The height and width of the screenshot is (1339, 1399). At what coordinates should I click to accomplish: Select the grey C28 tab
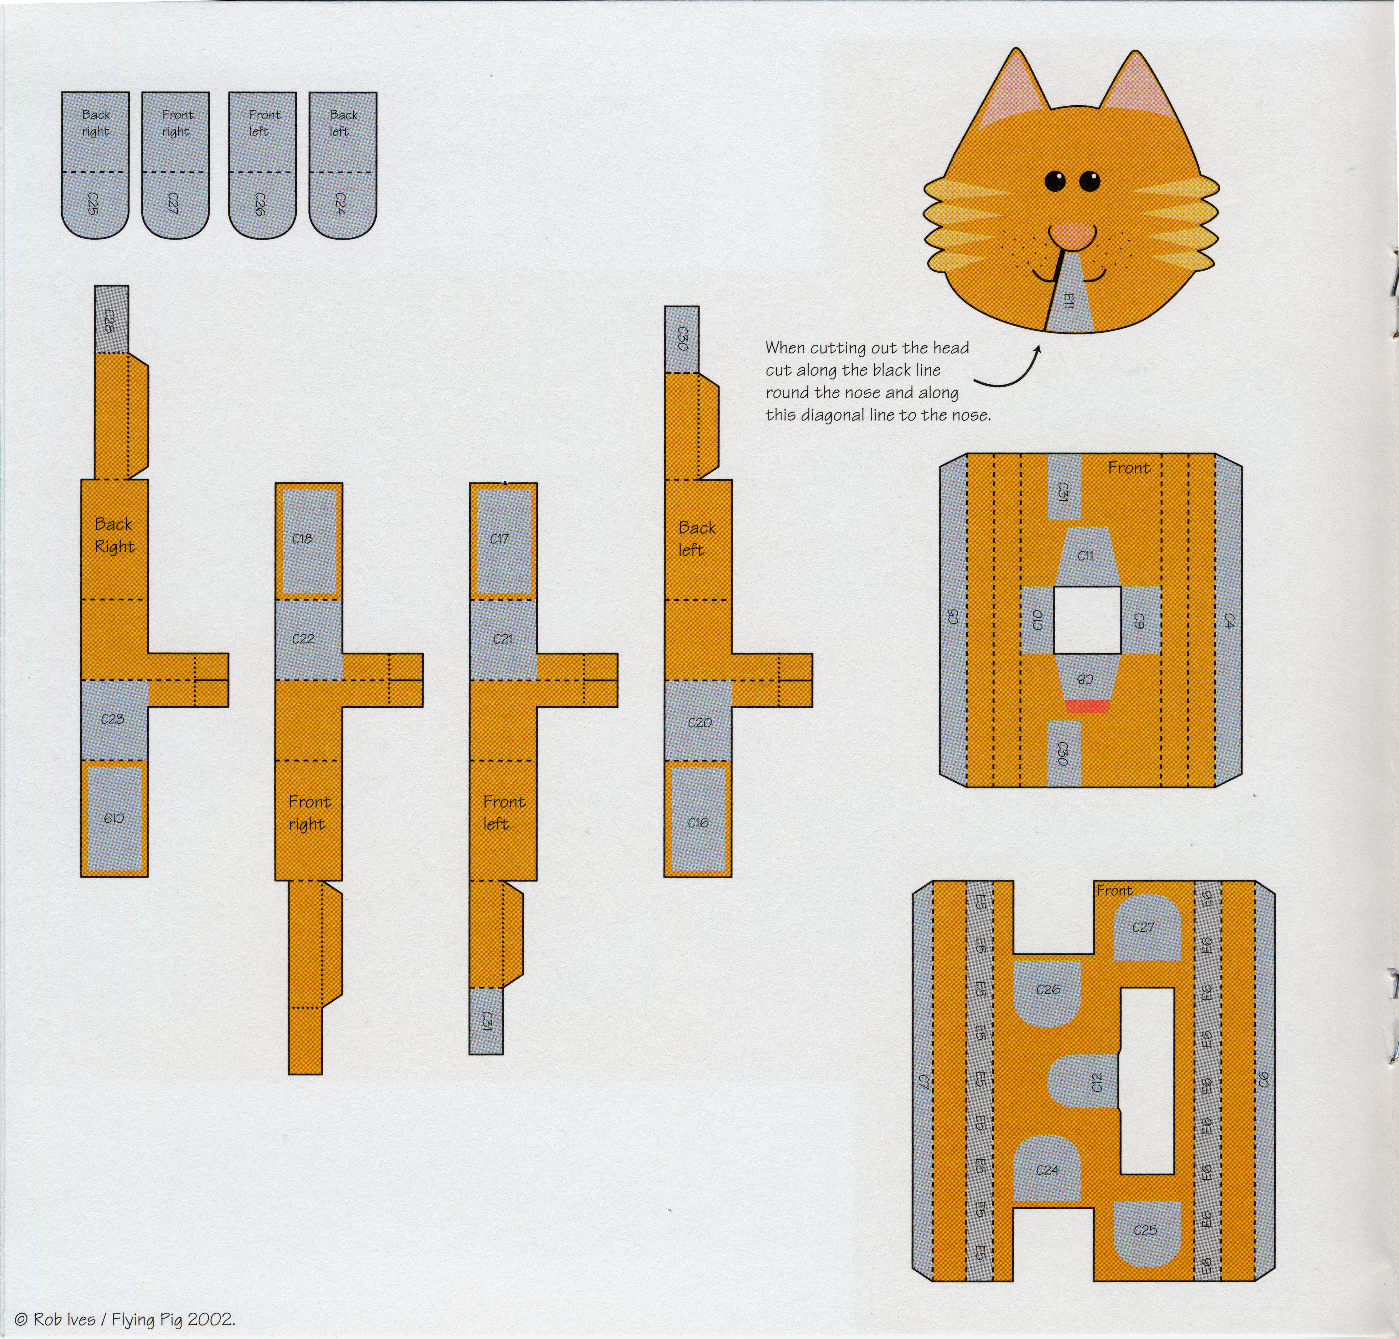click(x=111, y=319)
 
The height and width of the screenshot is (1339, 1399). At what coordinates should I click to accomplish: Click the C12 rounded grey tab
click(x=1083, y=1082)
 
